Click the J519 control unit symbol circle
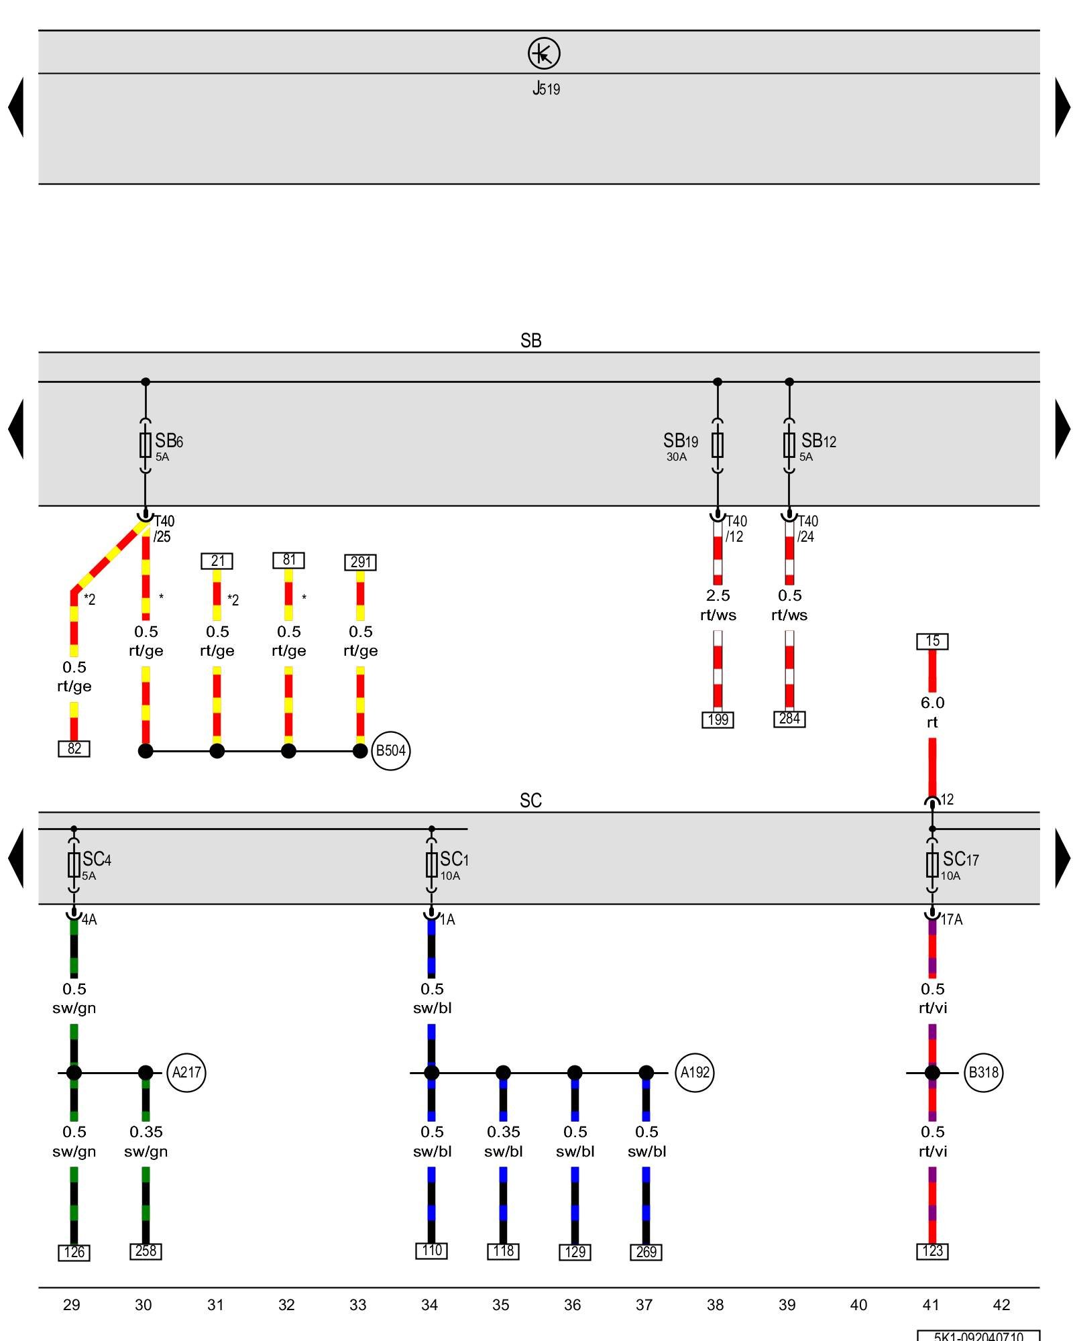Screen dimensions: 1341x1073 click(x=543, y=54)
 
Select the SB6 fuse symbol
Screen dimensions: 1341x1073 click(x=146, y=445)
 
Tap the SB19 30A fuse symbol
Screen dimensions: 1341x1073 click(x=718, y=445)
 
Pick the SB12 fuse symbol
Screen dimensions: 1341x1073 click(x=789, y=445)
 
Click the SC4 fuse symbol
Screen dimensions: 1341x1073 click(x=74, y=865)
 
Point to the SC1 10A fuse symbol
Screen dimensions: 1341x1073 click(x=431, y=865)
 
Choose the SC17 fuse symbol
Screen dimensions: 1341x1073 click(x=932, y=865)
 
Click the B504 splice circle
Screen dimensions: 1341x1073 click(x=390, y=751)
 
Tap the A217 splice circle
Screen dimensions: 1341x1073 click(x=186, y=1073)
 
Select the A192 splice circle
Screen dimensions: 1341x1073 click(x=695, y=1073)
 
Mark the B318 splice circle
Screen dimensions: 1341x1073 click(x=983, y=1073)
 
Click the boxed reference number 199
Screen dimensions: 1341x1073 click(x=718, y=720)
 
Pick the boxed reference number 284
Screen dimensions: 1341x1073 click(x=789, y=719)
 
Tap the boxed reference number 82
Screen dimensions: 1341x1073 click(x=74, y=749)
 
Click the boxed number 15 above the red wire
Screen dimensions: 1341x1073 click(x=932, y=642)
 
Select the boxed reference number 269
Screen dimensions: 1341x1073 click(x=646, y=1252)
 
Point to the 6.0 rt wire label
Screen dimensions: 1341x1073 click(x=932, y=713)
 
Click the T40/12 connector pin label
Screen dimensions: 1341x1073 click(x=736, y=529)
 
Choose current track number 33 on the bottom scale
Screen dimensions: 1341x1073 click(x=358, y=1305)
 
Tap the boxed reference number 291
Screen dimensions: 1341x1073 click(x=360, y=563)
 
